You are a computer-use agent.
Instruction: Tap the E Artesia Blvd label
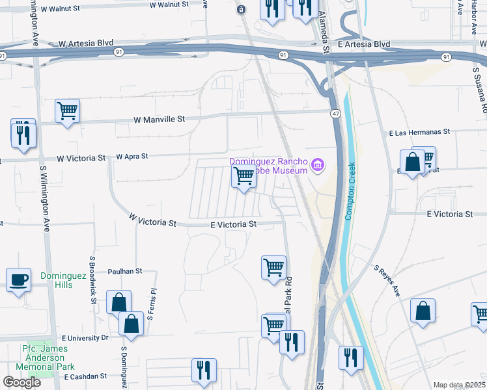coord(364,44)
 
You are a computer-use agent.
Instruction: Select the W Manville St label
coord(160,120)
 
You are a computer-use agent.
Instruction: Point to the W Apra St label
coord(132,157)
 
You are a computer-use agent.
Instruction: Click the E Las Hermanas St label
coord(419,132)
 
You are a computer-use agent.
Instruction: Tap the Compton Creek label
coord(351,190)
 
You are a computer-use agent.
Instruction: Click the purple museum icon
coord(318,165)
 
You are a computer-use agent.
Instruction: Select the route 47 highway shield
coord(335,113)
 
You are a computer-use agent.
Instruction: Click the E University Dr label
coord(85,338)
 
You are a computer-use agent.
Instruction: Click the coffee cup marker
coord(18,279)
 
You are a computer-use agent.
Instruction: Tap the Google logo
coord(21,382)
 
